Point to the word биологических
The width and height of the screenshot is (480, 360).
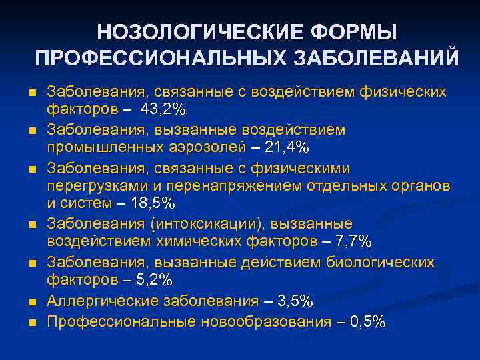(378, 262)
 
